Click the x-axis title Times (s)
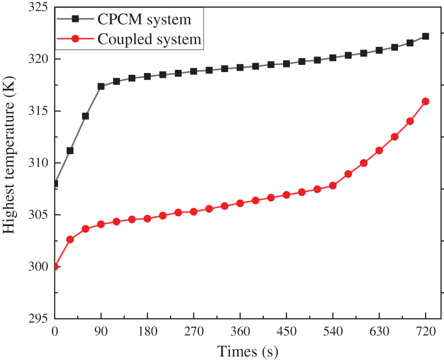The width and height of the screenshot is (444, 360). (247, 351)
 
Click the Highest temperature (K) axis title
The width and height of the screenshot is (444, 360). (10, 163)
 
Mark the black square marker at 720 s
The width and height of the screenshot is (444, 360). (425, 36)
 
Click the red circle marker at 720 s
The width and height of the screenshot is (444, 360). (425, 101)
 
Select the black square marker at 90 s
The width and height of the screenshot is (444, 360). (101, 87)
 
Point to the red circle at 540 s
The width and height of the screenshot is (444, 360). (333, 186)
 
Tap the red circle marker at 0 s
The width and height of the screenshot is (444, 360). (55, 267)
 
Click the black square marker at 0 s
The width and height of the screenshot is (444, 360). (55, 184)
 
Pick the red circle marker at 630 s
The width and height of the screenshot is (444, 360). (379, 150)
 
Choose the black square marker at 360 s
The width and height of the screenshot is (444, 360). (240, 68)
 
